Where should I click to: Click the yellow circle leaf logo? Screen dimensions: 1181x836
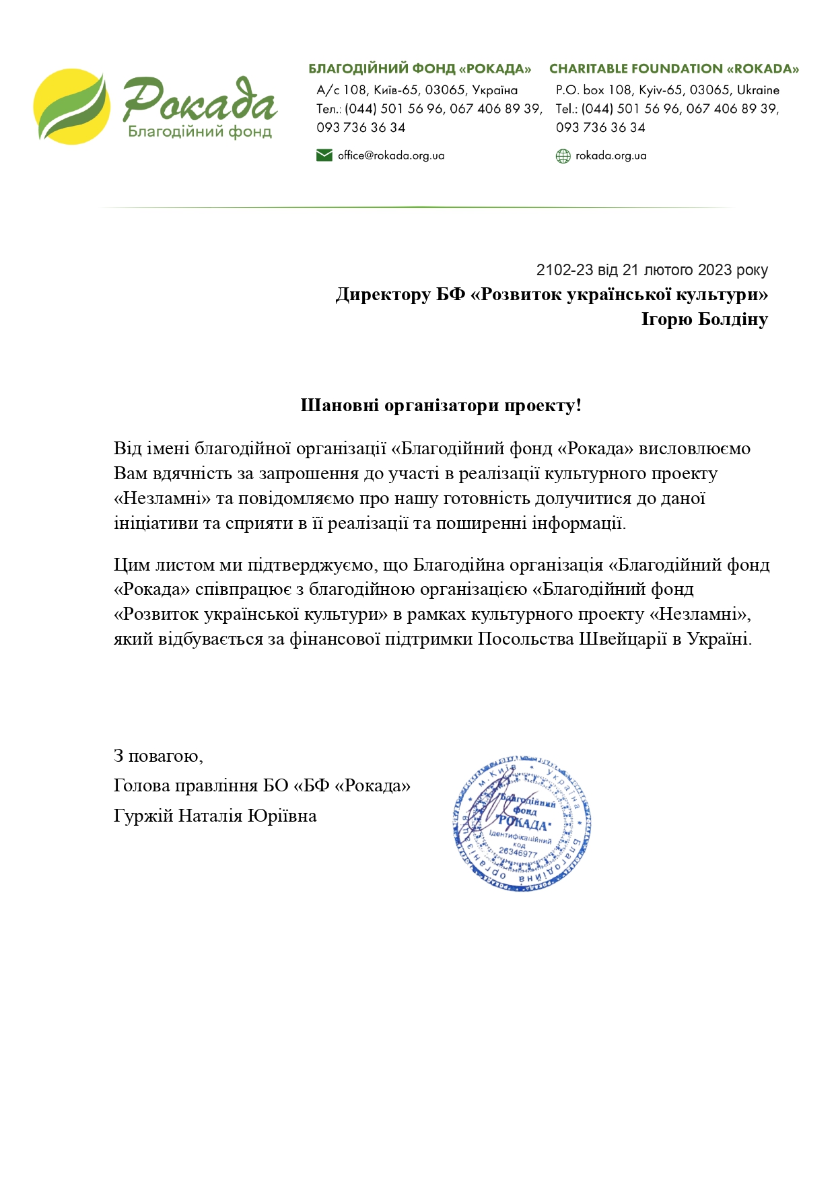point(71,106)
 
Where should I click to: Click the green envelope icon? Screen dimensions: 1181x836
point(324,155)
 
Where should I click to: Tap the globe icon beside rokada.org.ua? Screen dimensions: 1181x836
point(563,156)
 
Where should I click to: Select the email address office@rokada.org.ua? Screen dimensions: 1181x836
point(391,155)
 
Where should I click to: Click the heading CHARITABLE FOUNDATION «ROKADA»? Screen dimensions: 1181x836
point(674,69)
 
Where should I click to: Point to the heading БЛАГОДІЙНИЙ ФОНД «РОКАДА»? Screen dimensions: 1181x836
point(419,69)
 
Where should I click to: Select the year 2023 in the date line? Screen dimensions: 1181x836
point(715,270)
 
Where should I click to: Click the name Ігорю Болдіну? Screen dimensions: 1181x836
point(704,319)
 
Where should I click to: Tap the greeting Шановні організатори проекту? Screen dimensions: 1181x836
point(441,405)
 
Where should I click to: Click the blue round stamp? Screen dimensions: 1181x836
point(522,823)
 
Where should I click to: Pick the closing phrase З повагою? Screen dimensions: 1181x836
point(158,756)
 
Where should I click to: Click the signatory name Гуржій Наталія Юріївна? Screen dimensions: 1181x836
point(215,816)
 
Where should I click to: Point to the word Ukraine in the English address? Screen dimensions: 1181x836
point(758,90)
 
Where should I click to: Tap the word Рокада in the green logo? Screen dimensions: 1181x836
point(200,101)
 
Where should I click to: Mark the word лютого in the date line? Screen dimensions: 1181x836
point(668,270)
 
